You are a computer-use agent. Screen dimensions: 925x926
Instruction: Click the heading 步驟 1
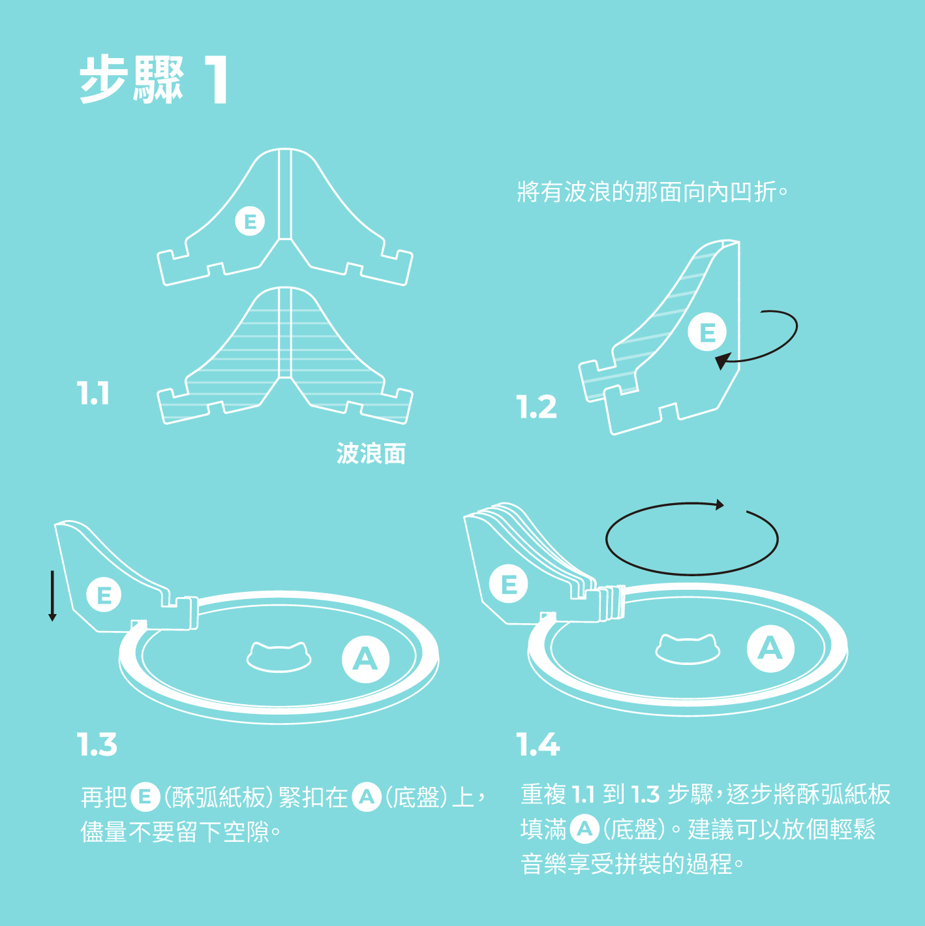(154, 80)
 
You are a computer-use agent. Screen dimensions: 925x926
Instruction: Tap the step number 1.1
(93, 394)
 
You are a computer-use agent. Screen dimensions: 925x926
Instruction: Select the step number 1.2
(537, 407)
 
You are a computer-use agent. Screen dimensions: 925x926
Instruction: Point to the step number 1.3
(97, 745)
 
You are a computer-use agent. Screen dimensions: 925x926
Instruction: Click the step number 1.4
(538, 745)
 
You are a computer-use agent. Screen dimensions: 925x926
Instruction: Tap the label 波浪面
(371, 454)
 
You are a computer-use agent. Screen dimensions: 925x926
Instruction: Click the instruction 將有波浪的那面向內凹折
(652, 193)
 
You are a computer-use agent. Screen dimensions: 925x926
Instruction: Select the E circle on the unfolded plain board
(250, 221)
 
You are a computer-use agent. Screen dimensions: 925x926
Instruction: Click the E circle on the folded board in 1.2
(707, 332)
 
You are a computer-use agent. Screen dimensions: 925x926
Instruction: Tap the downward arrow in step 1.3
(52, 595)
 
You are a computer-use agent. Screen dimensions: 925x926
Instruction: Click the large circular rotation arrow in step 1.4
(691, 539)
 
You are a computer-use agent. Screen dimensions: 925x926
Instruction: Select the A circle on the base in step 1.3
(365, 659)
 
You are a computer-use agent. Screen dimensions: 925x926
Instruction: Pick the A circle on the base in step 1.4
(770, 648)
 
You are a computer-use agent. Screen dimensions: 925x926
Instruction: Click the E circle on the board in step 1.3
(104, 594)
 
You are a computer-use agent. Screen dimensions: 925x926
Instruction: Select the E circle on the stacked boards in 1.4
(509, 583)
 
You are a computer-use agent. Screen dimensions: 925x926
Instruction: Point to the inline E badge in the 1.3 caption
(145, 797)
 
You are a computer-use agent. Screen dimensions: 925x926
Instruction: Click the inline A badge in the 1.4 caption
(584, 829)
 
